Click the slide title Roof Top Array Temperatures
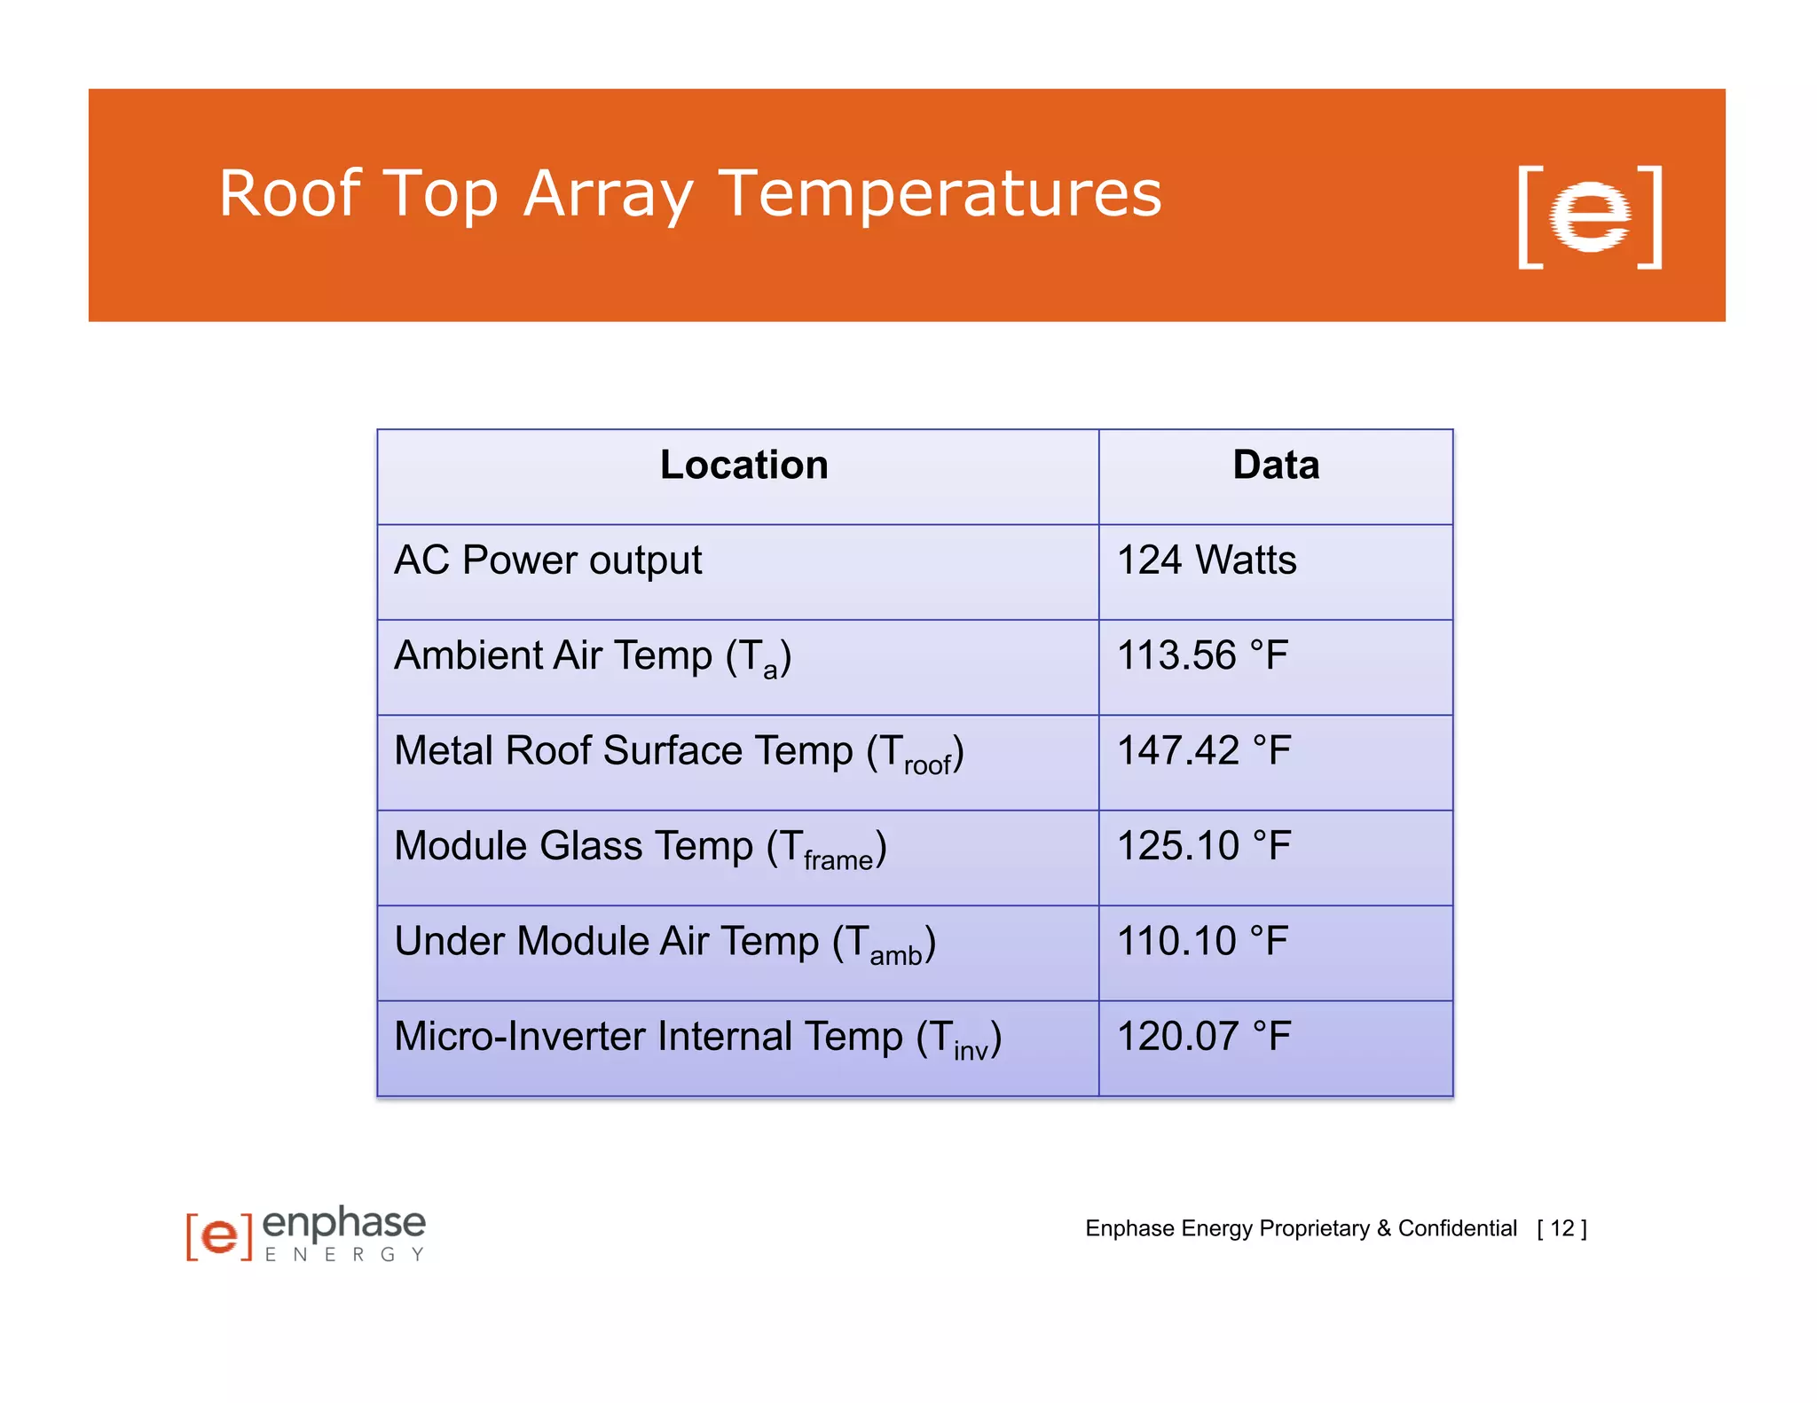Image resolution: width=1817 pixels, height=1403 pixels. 689,194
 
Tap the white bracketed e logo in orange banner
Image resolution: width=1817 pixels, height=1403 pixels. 1589,216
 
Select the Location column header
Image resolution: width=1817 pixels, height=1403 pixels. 743,466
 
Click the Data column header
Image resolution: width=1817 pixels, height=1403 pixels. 1275,466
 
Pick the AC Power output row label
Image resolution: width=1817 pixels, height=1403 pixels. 547,561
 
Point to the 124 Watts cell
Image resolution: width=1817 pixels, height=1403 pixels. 1206,561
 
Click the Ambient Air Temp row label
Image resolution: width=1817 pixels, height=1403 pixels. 592,657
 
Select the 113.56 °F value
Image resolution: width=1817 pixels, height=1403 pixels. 1201,656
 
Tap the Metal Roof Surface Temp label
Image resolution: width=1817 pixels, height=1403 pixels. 678,752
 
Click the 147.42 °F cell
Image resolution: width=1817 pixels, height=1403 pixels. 1203,751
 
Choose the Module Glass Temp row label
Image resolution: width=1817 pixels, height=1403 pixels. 640,847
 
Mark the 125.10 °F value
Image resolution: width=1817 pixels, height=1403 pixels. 1203,846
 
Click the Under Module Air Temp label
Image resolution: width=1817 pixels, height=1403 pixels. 665,943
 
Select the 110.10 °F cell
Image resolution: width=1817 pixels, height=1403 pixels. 1201,942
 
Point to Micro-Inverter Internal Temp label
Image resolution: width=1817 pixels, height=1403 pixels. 697,1038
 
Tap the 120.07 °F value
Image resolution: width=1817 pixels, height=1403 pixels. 1203,1037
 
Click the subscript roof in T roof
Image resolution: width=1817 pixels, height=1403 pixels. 927,764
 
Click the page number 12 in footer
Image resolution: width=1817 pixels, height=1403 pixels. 1561,1228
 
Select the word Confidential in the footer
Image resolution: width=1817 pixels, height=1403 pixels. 1457,1228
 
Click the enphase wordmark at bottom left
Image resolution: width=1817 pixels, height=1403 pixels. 344,1223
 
